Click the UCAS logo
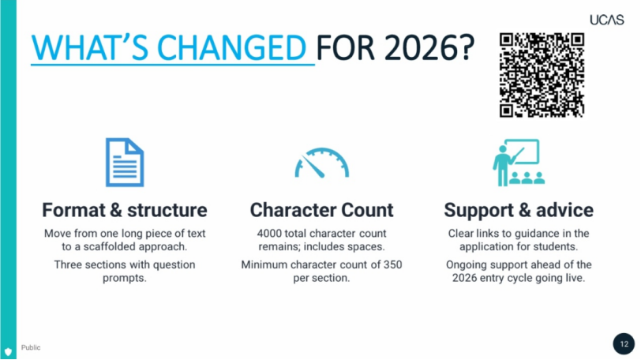pyautogui.click(x=606, y=20)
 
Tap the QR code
pyautogui.click(x=542, y=75)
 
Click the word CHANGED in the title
pyautogui.click(x=231, y=48)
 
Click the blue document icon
pyautogui.click(x=125, y=162)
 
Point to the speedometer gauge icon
pyautogui.click(x=322, y=163)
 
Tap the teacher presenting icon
pyautogui.click(x=519, y=163)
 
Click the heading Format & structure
pyautogui.click(x=125, y=210)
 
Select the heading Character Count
pyautogui.click(x=322, y=210)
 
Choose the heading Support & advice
pyautogui.click(x=519, y=210)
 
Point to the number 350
pyautogui.click(x=392, y=264)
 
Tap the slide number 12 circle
pyautogui.click(x=624, y=343)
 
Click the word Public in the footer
pyautogui.click(x=31, y=347)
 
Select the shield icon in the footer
pyautogui.click(x=8, y=351)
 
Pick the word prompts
pyautogui.click(x=124, y=278)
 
